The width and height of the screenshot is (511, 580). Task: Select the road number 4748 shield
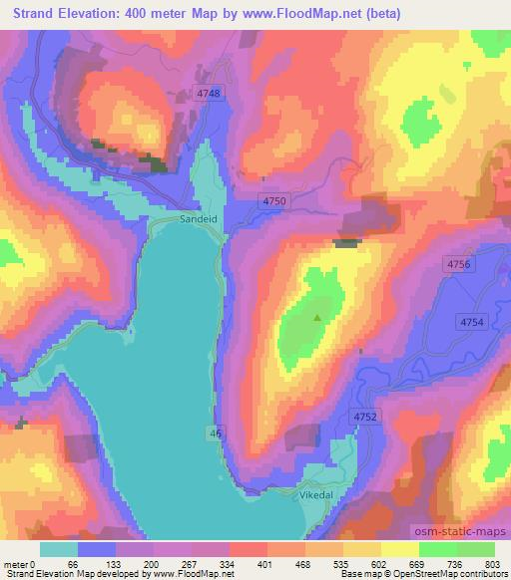click(x=209, y=92)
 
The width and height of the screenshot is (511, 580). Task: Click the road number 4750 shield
click(x=274, y=201)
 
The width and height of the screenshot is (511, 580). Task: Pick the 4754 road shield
click(x=472, y=321)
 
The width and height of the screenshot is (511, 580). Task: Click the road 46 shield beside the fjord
click(x=216, y=433)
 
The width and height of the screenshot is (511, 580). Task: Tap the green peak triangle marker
click(x=318, y=318)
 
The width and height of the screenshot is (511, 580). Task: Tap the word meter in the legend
click(x=16, y=563)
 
